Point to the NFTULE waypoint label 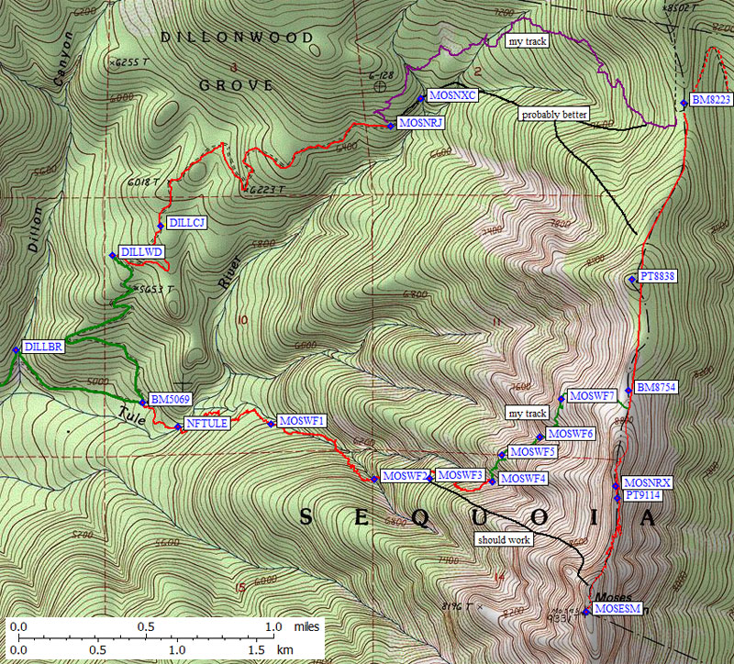(206, 424)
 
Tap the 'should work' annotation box (503, 540)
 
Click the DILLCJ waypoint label (186, 223)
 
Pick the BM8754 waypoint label (655, 388)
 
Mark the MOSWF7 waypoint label (592, 395)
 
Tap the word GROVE (236, 85)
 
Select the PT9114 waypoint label (644, 496)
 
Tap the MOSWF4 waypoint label (524, 479)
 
